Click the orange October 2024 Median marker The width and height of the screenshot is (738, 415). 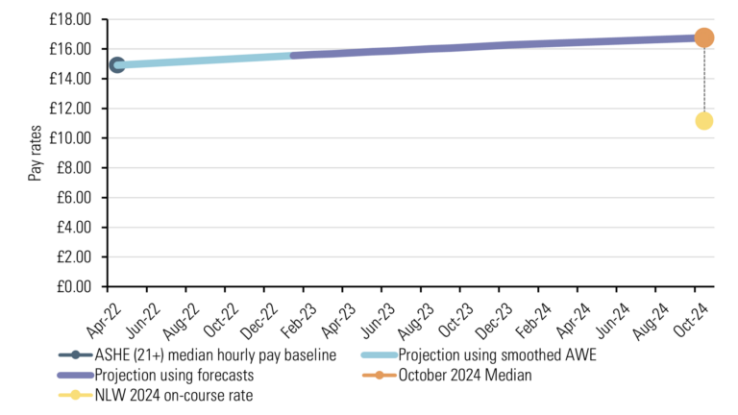tap(703, 37)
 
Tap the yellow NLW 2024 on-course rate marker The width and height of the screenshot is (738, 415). tap(703, 121)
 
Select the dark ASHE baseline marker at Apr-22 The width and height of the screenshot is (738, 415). tap(117, 65)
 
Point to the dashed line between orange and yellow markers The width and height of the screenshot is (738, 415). tap(703, 81)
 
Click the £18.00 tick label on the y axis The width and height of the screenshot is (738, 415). tap(71, 19)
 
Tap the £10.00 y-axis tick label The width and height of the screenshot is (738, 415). tap(71, 138)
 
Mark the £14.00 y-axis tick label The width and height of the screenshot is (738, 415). tap(71, 79)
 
